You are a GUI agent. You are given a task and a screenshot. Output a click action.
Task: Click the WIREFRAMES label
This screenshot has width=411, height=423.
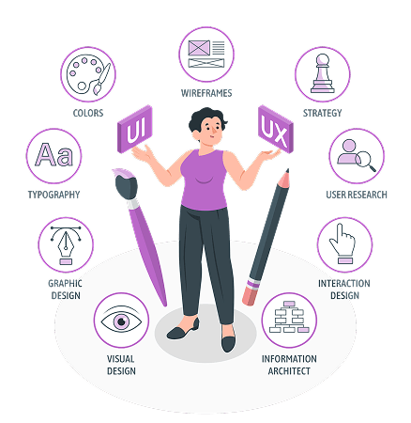point(206,93)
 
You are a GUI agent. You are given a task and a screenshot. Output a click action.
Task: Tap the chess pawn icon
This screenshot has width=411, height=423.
point(323,73)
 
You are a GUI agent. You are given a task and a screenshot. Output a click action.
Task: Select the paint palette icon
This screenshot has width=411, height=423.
point(88,74)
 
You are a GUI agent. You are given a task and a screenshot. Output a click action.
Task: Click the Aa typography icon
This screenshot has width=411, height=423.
point(53,154)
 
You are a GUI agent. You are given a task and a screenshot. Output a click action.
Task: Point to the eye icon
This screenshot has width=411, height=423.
point(121,321)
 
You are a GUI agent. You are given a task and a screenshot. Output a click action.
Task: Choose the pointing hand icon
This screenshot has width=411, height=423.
point(342,243)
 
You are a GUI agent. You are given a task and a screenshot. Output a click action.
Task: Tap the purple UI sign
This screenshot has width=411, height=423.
point(135,129)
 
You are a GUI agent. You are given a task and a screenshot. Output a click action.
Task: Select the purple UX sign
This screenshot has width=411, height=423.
point(276,129)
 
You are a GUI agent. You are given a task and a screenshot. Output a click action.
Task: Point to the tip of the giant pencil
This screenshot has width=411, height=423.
point(287,170)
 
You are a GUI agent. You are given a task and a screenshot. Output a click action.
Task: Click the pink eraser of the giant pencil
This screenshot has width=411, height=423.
point(251,295)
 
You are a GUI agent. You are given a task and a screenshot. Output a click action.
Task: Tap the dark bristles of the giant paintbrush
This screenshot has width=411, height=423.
point(126,187)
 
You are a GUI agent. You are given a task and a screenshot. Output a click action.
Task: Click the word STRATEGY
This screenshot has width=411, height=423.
point(323,113)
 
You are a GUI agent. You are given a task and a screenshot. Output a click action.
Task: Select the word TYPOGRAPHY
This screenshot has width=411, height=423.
point(53,195)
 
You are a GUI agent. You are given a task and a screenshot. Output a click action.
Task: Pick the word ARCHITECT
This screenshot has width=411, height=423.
point(289,371)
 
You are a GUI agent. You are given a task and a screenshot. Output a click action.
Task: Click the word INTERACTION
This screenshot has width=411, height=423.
point(344,284)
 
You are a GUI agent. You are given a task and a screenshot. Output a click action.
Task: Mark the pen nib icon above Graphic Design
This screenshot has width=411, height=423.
point(66,245)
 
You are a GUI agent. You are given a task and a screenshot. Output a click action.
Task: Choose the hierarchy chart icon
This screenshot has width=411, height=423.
point(289,317)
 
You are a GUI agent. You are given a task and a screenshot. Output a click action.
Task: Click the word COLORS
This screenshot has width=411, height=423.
point(88,113)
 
